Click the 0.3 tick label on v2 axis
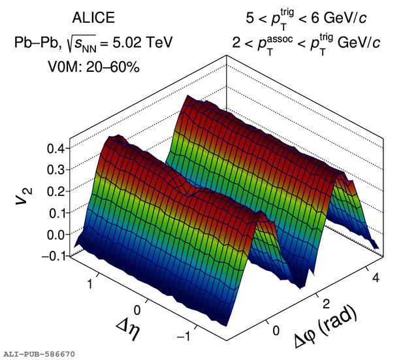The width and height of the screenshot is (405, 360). tap(55, 169)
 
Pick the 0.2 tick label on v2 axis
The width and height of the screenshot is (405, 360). tap(55, 191)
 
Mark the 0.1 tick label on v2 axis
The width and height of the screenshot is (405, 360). tap(55, 212)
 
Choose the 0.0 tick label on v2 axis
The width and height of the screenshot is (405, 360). tap(55, 234)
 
